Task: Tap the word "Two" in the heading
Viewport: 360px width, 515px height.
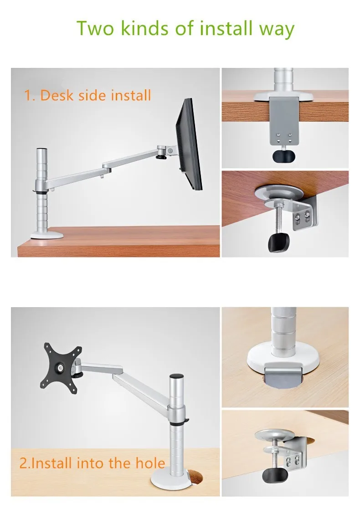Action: coord(96,28)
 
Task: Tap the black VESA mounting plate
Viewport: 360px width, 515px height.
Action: coord(61,368)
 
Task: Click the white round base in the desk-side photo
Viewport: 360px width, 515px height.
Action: coord(47,235)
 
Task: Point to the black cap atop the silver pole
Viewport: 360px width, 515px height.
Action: coord(176,376)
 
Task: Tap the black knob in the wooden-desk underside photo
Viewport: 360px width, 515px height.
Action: coord(279,242)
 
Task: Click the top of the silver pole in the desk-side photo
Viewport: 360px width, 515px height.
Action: coord(41,149)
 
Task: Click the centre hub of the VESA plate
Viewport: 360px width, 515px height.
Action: coord(61,367)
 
